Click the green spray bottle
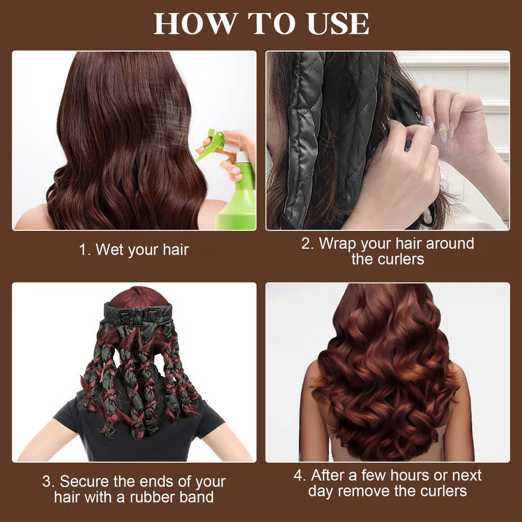tap(237, 194)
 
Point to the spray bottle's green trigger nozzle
tap(211, 144)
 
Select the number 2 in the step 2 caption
tap(306, 244)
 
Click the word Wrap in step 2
tap(339, 244)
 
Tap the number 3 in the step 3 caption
tap(47, 481)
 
